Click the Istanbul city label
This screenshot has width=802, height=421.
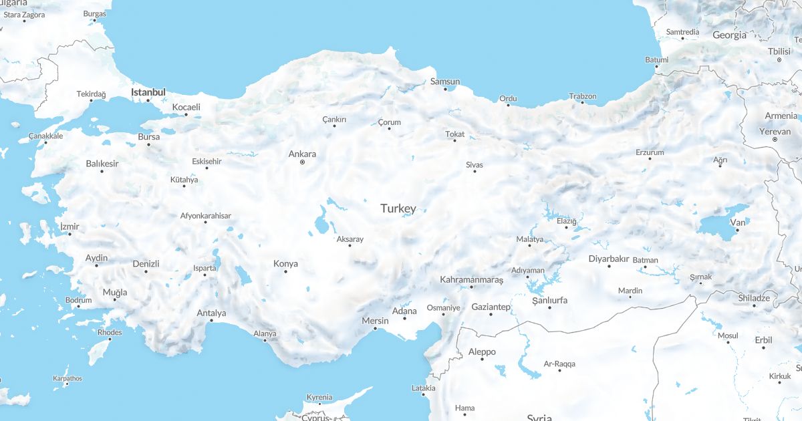coord(148,92)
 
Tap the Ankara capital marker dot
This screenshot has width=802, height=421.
coord(302,162)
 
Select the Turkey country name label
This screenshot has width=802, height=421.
coord(398,208)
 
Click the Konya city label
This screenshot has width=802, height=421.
coord(285,263)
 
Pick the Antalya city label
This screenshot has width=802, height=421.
coord(211,313)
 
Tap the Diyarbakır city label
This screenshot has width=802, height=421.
coord(609,259)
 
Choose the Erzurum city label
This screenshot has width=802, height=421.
coord(650,152)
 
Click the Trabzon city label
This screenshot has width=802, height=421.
coord(582,96)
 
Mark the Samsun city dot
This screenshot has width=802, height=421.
coord(445,89)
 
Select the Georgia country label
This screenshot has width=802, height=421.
coord(729,35)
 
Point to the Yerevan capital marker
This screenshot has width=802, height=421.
coord(775,139)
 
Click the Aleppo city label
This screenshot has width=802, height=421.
coord(482,352)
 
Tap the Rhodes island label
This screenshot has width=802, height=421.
coord(110,332)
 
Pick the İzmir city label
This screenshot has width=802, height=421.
coord(70,227)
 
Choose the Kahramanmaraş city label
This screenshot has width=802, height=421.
coord(471,279)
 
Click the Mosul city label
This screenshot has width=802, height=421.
coord(728,335)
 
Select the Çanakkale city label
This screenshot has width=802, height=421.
coord(45,136)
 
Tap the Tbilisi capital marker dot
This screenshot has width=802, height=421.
coord(779,59)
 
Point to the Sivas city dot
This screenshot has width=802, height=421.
coord(475,171)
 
